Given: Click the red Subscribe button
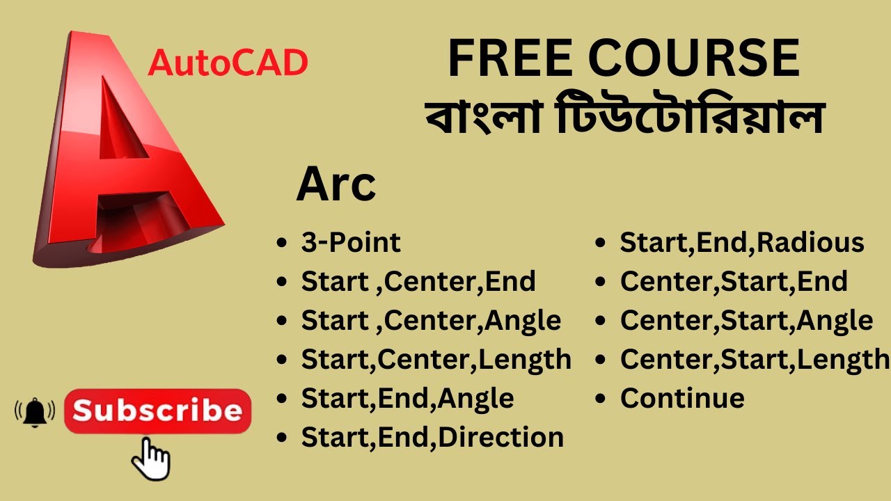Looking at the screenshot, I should coord(157,411).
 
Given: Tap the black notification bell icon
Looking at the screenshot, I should coord(34,413).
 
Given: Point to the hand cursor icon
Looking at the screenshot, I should coord(152,459).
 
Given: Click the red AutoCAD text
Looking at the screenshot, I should coord(228,64).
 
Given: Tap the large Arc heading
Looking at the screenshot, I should coord(336,185).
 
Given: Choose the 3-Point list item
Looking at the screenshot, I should coord(351,242).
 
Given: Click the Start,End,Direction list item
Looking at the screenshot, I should coord(432,437).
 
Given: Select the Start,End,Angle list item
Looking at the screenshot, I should coord(407,398).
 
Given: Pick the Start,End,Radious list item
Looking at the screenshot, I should coord(742,242).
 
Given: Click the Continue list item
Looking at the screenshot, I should coord(682,398).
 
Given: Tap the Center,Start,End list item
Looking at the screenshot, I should coord(734,281).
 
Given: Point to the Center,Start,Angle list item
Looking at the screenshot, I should coord(746,320).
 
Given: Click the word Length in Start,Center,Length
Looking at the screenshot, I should coord(526,359).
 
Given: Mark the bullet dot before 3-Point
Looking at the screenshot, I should coord(282,244).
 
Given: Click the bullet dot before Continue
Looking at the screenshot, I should coord(601,399).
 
